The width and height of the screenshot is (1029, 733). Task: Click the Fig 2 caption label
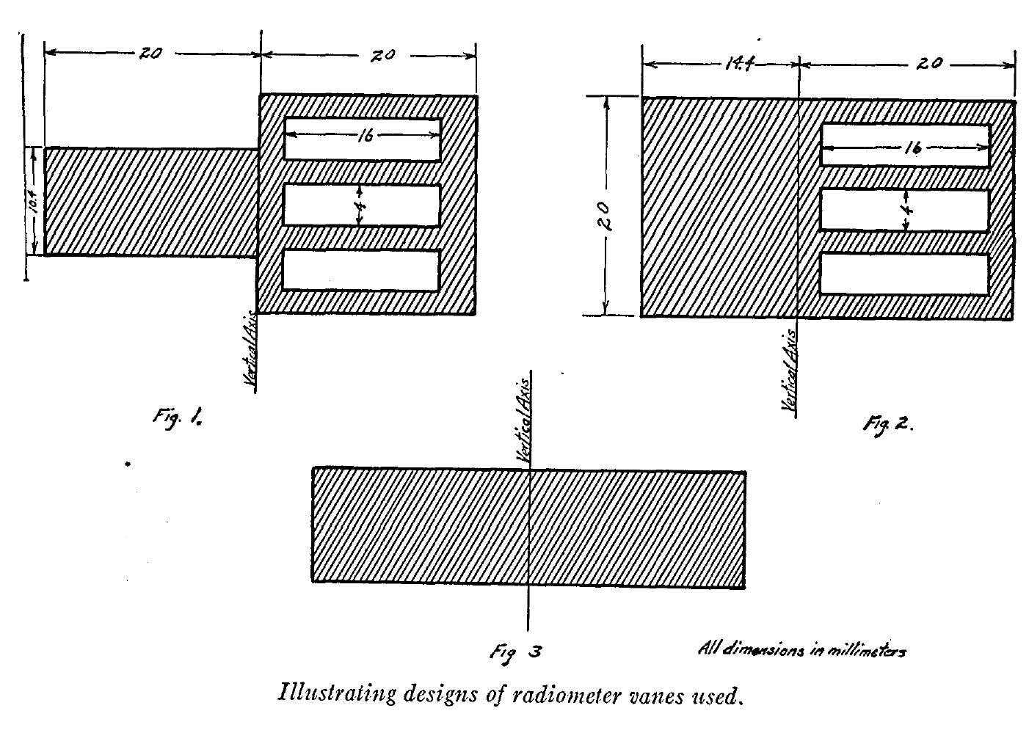coord(887,423)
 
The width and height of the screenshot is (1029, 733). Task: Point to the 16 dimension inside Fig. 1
coord(366,135)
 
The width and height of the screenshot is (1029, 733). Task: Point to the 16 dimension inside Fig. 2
coord(912,147)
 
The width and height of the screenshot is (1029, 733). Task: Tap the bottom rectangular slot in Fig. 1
coord(361,270)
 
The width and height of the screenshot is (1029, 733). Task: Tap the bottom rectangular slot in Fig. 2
coord(904,274)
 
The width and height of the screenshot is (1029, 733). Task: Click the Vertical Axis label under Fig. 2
coord(789,373)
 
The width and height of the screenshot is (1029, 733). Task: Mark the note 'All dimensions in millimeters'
coord(801,650)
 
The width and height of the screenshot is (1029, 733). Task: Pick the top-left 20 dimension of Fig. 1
coord(150,53)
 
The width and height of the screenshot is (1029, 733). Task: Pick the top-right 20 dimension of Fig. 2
coord(928,64)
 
